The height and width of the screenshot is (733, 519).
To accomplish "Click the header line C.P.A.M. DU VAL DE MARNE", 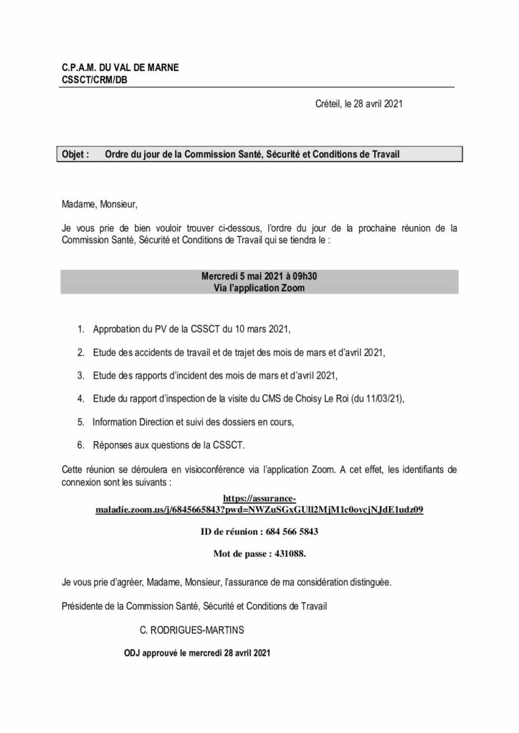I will pyautogui.click(x=120, y=68).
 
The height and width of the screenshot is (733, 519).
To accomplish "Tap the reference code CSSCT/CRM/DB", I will pyautogui.click(x=95, y=79).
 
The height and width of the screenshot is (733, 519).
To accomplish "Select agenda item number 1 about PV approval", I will pyautogui.click(x=190, y=329).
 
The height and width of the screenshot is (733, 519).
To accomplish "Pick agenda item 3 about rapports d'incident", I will pyautogui.click(x=214, y=375).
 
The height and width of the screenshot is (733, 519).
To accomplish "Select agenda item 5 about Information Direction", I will pyautogui.click(x=194, y=422).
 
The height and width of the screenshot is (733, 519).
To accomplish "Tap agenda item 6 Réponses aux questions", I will pyautogui.click(x=168, y=445).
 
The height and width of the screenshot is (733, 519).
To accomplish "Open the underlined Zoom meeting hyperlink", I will pyautogui.click(x=259, y=510).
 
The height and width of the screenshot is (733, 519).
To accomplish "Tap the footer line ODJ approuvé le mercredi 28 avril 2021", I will pyautogui.click(x=198, y=653).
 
